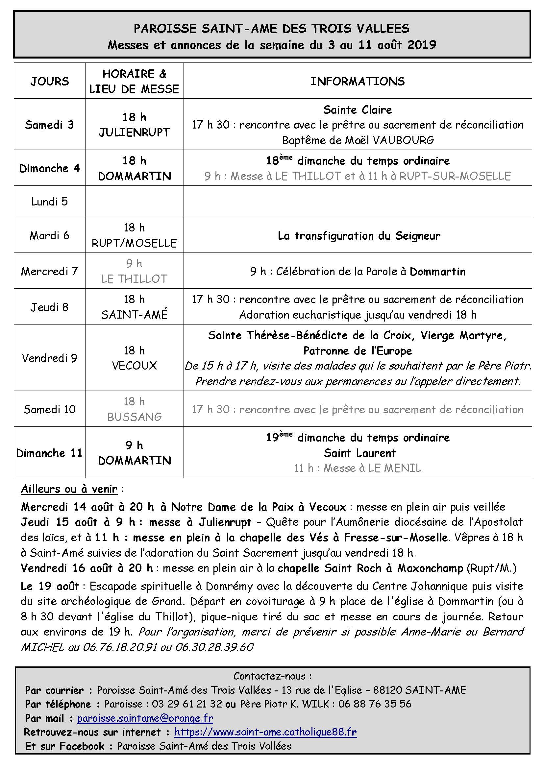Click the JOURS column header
tap(50, 82)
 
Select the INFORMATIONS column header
tap(358, 82)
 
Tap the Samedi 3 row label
tap(50, 125)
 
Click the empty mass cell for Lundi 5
tap(134, 201)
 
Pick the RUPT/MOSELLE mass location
tap(134, 243)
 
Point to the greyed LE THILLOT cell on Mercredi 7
tap(134, 279)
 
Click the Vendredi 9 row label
tap(50, 358)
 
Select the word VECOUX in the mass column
tap(134, 365)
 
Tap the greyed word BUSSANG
tap(134, 417)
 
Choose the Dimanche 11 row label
tap(50, 453)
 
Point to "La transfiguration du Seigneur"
tap(359, 236)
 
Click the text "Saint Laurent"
tap(360, 453)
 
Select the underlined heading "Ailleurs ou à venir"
tap(69, 489)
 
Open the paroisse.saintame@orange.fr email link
tap(145, 718)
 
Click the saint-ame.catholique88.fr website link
tap(265, 732)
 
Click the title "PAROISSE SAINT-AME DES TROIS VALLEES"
tap(271, 29)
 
